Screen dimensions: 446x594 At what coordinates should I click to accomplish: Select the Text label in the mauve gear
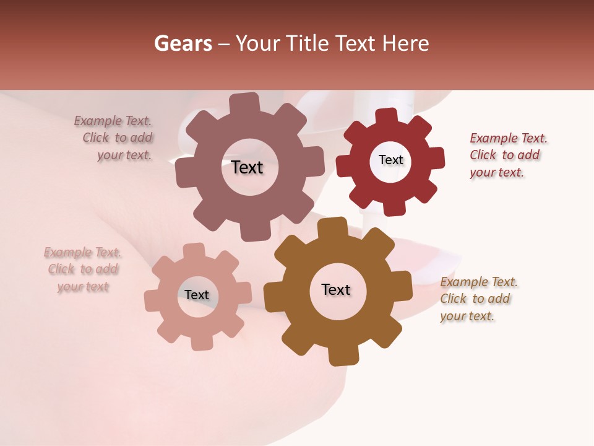pyautogui.click(x=247, y=167)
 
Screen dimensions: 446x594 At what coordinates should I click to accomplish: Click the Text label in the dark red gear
pyautogui.click(x=390, y=160)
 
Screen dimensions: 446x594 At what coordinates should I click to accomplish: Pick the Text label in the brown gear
pyautogui.click(x=336, y=289)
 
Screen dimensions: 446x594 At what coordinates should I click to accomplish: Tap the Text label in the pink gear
pyautogui.click(x=197, y=295)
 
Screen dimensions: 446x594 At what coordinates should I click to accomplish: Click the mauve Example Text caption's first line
pyautogui.click(x=113, y=121)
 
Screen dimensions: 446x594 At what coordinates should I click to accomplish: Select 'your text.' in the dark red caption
pyautogui.click(x=497, y=173)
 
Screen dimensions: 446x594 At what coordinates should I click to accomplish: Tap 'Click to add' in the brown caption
pyautogui.click(x=475, y=299)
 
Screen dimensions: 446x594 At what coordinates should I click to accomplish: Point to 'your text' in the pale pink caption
pyautogui.click(x=83, y=287)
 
